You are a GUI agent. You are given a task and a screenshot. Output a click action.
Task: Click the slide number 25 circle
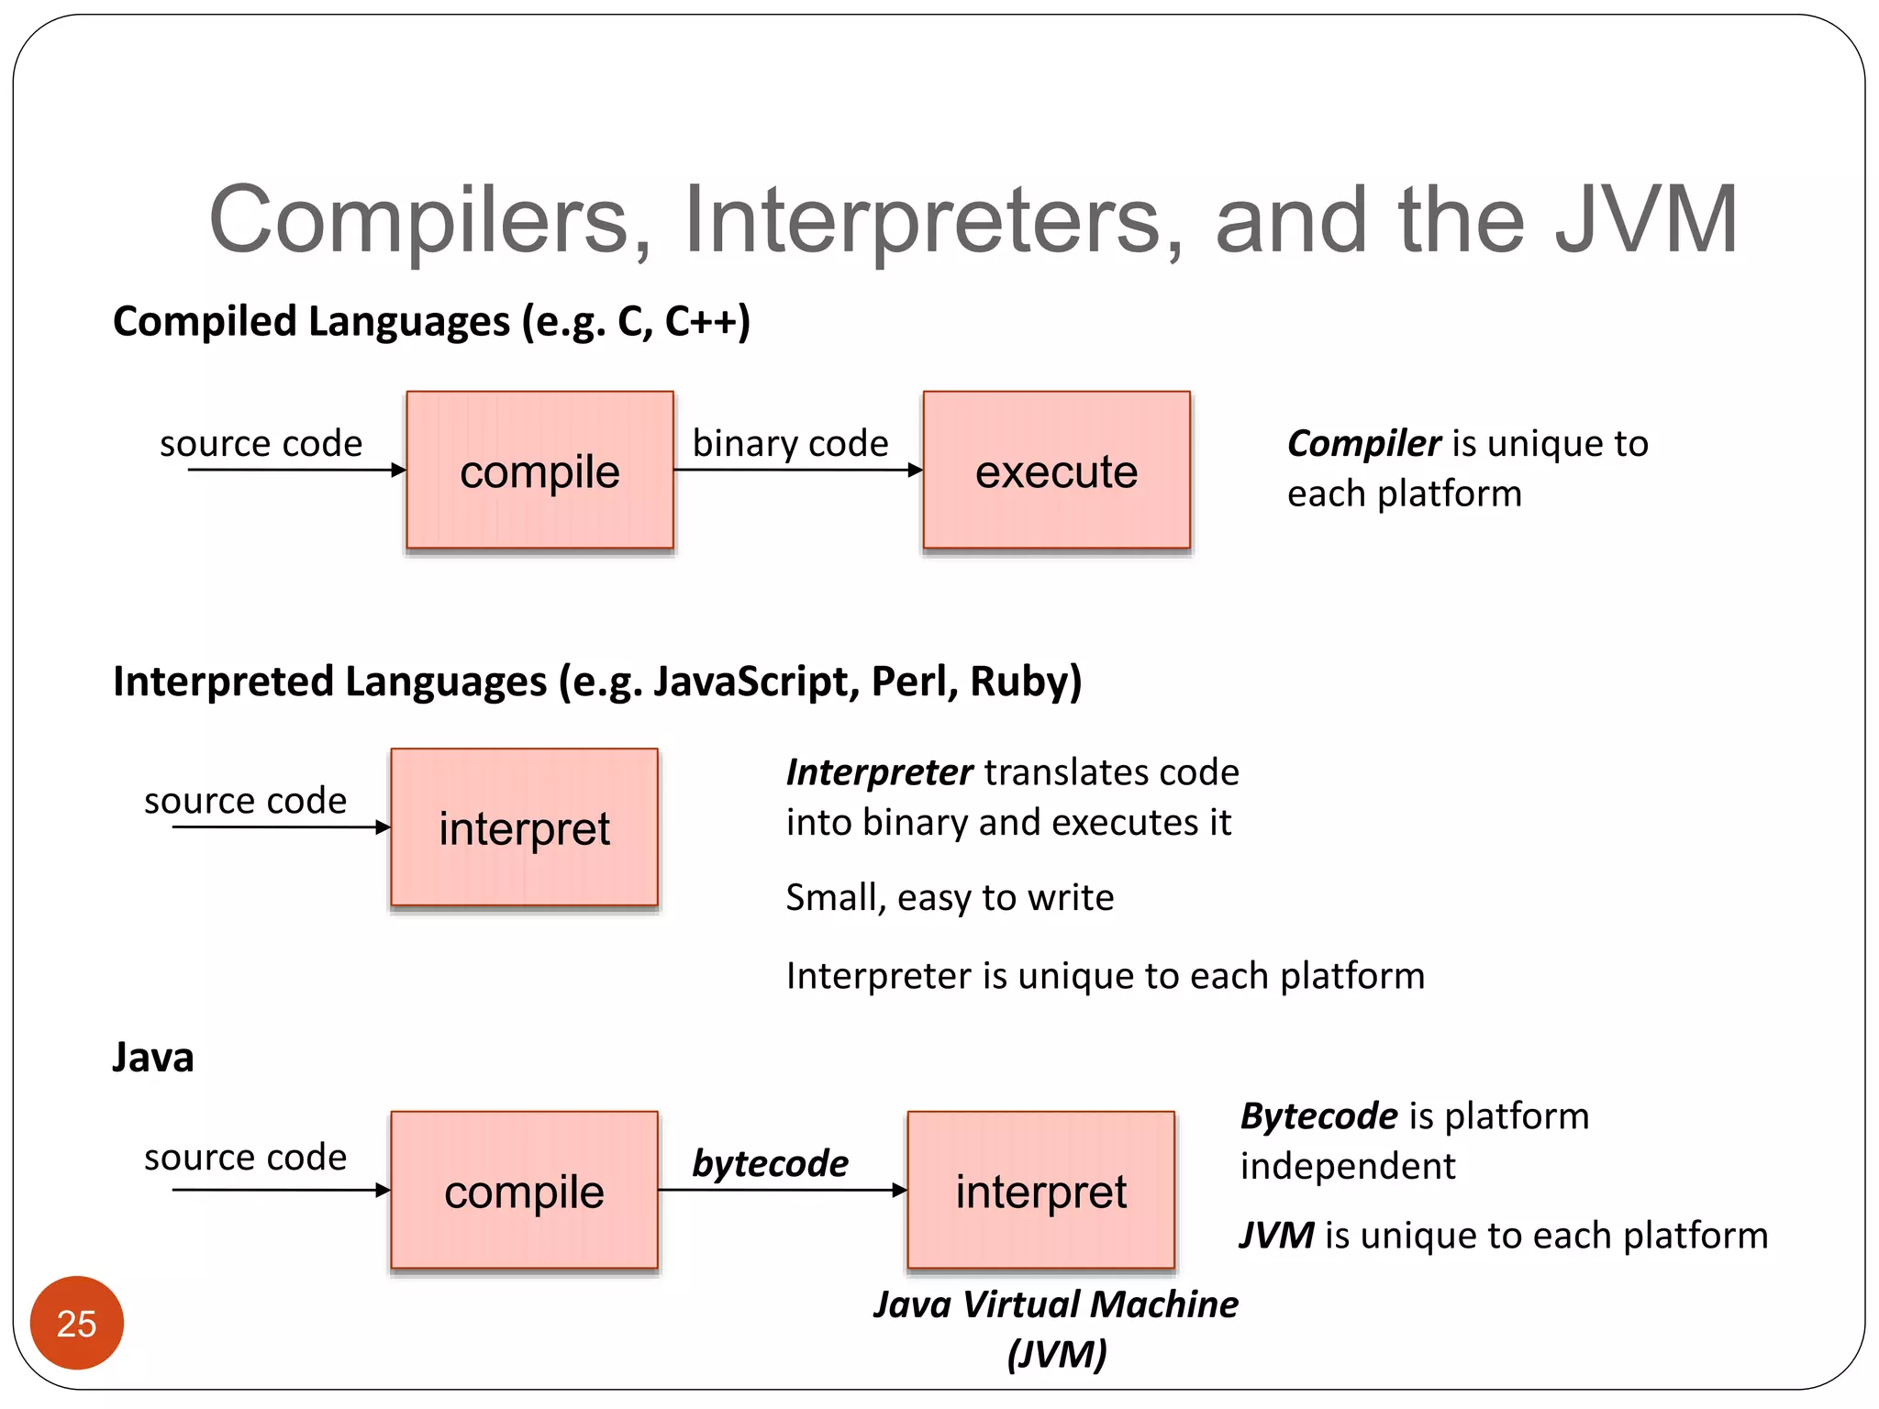coord(76,1323)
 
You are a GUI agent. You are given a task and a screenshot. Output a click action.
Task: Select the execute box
coord(1056,471)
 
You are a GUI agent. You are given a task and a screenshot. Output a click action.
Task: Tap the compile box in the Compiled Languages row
coord(539,471)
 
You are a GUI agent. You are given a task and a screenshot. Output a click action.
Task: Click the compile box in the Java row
coord(524,1191)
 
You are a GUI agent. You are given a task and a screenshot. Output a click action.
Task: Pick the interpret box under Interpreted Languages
coord(524,827)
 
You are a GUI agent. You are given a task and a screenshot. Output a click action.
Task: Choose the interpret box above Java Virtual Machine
coord(1040,1191)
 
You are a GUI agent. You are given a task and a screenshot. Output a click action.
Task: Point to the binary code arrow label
coord(790,443)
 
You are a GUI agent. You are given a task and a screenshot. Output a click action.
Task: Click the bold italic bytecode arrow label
coord(770,1163)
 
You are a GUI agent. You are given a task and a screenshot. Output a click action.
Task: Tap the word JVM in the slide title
coord(1646,220)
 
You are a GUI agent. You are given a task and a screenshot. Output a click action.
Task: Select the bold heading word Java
coord(153,1057)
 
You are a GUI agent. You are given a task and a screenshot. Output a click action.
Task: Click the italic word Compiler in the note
coord(1363,443)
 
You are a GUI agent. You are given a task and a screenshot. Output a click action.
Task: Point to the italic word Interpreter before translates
coord(879,772)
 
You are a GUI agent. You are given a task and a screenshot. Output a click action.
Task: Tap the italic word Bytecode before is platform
coord(1318,1116)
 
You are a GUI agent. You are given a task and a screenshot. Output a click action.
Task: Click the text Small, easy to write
coord(950,897)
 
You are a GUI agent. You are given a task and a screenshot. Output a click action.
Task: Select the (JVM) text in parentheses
coord(1056,1354)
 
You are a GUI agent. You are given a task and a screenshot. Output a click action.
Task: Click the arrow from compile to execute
coord(797,471)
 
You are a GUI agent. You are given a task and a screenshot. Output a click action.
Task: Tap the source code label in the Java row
coord(245,1158)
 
